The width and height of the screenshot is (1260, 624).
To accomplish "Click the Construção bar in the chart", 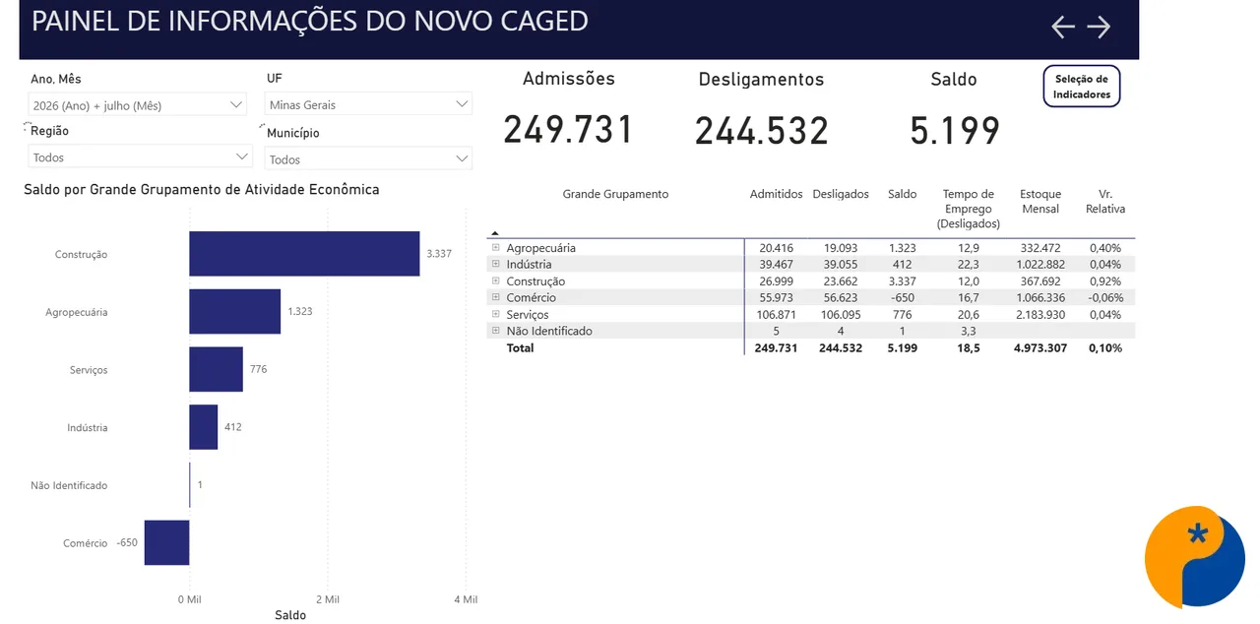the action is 304,254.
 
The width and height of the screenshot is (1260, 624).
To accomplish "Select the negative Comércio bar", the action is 167,542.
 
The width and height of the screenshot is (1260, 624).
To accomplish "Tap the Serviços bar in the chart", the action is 216,369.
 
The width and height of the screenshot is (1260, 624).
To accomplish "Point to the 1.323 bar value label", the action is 300,311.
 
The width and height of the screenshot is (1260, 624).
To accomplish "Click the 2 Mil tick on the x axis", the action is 328,599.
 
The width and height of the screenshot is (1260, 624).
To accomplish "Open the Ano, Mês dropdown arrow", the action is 236,104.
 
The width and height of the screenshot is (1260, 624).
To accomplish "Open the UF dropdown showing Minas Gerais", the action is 368,104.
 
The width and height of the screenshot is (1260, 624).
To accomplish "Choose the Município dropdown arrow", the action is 462,158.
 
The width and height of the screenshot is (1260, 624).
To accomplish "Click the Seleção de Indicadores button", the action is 1081,87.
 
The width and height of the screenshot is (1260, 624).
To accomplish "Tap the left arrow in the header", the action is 1062,27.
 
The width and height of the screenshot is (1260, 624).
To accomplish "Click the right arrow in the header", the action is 1099,27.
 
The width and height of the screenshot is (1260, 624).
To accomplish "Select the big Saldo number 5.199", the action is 955,131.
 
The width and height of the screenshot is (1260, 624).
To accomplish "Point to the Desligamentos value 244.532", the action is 762,131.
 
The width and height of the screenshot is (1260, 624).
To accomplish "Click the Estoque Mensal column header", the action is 1040,201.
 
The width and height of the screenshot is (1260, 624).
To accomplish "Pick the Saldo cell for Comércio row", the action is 903,297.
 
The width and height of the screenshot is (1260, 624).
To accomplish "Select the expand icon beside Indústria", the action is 495,264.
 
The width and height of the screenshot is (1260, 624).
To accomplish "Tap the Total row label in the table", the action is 520,348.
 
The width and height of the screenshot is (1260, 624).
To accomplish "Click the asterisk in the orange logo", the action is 1198,533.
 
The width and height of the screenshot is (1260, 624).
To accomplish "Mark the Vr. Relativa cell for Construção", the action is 1104,281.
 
